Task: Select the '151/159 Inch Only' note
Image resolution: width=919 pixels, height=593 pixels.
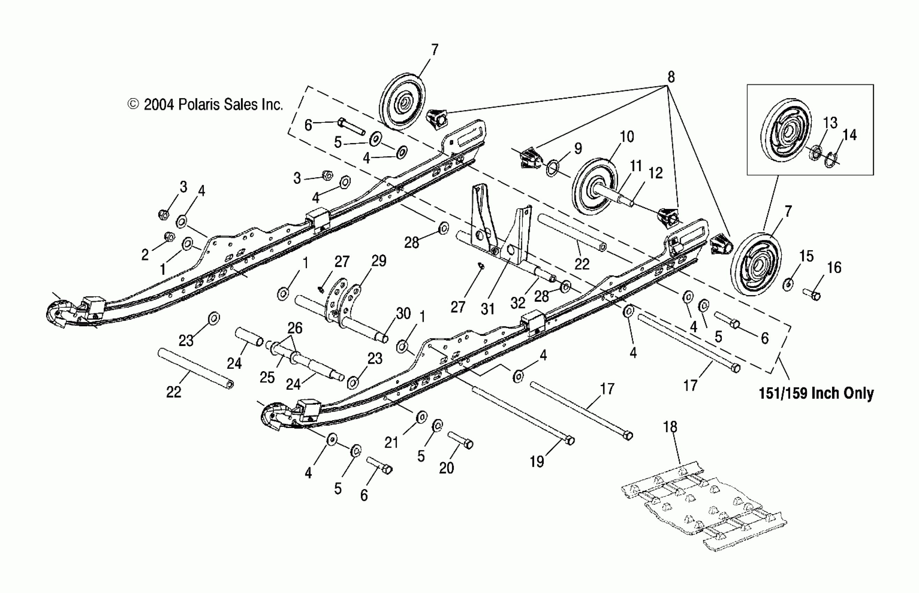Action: [816, 393]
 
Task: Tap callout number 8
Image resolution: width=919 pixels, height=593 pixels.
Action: [671, 77]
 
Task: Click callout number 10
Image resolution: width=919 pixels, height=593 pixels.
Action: [627, 137]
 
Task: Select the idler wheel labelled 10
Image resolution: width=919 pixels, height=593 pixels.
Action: [593, 187]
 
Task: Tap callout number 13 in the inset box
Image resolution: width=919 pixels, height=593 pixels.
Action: [830, 123]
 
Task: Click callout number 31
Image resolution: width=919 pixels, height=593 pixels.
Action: [487, 309]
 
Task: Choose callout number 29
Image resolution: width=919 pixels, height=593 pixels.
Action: [379, 261]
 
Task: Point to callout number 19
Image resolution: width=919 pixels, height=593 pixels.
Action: [537, 461]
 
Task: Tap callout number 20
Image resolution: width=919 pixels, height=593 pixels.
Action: [447, 468]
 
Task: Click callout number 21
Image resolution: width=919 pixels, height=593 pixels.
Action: [391, 443]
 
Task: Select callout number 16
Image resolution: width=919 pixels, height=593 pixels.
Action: [834, 268]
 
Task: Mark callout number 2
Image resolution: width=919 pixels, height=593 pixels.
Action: [145, 255]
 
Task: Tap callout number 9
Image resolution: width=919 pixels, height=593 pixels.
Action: [578, 149]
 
